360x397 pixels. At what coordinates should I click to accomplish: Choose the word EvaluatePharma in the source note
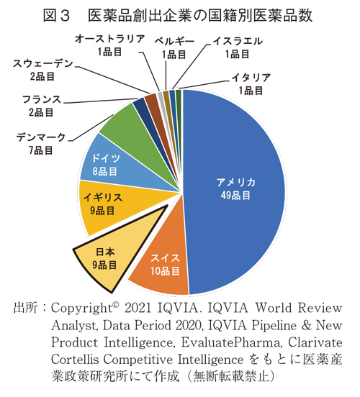220,341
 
